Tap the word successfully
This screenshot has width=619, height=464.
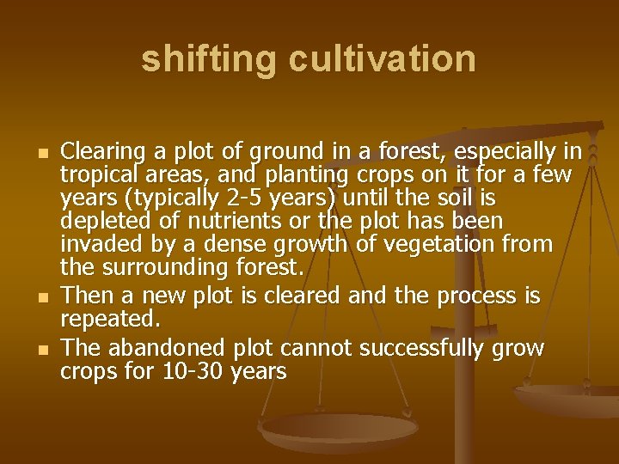coord(422,348)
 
